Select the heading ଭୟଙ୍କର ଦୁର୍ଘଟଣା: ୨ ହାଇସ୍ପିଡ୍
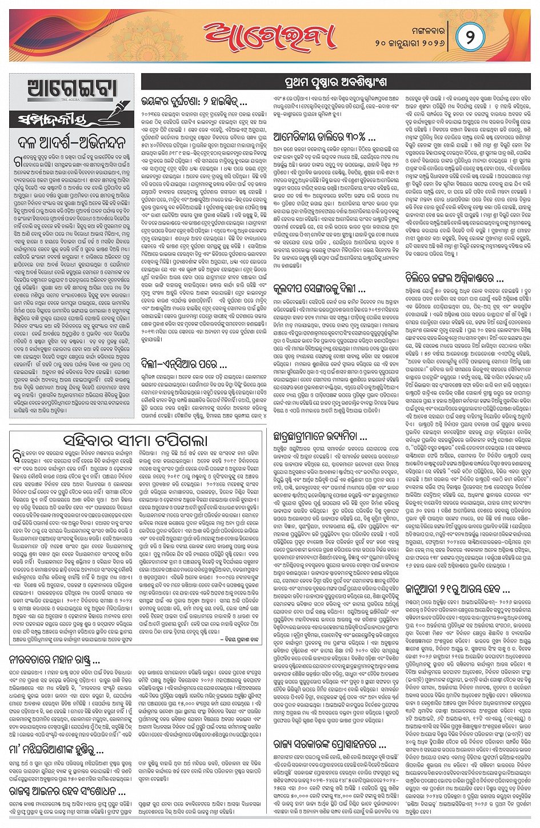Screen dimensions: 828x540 195,104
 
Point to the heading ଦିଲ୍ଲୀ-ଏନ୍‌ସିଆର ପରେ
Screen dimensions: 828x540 185,364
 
